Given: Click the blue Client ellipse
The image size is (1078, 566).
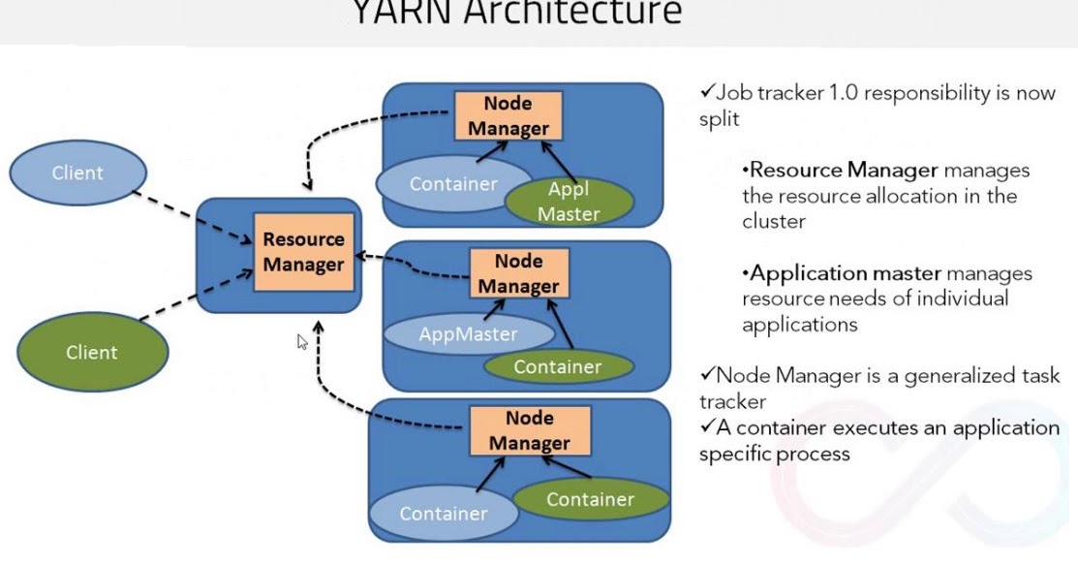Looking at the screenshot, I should (x=77, y=173).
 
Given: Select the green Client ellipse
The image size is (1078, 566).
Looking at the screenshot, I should (x=91, y=353).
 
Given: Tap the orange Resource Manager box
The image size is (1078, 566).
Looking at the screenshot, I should (x=303, y=251).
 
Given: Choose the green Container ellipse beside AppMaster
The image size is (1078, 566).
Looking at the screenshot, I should (x=558, y=366).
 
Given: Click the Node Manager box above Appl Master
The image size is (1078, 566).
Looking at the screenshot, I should (x=508, y=116).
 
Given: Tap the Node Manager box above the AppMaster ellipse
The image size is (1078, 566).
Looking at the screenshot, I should (x=518, y=273).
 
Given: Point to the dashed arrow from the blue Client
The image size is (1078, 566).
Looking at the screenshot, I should (x=195, y=213).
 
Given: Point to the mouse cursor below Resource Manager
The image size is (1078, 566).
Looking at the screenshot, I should (x=302, y=341).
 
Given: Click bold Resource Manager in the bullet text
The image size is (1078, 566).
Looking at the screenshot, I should (x=843, y=171).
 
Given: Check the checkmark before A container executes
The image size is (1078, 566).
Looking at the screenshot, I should (x=707, y=427).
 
